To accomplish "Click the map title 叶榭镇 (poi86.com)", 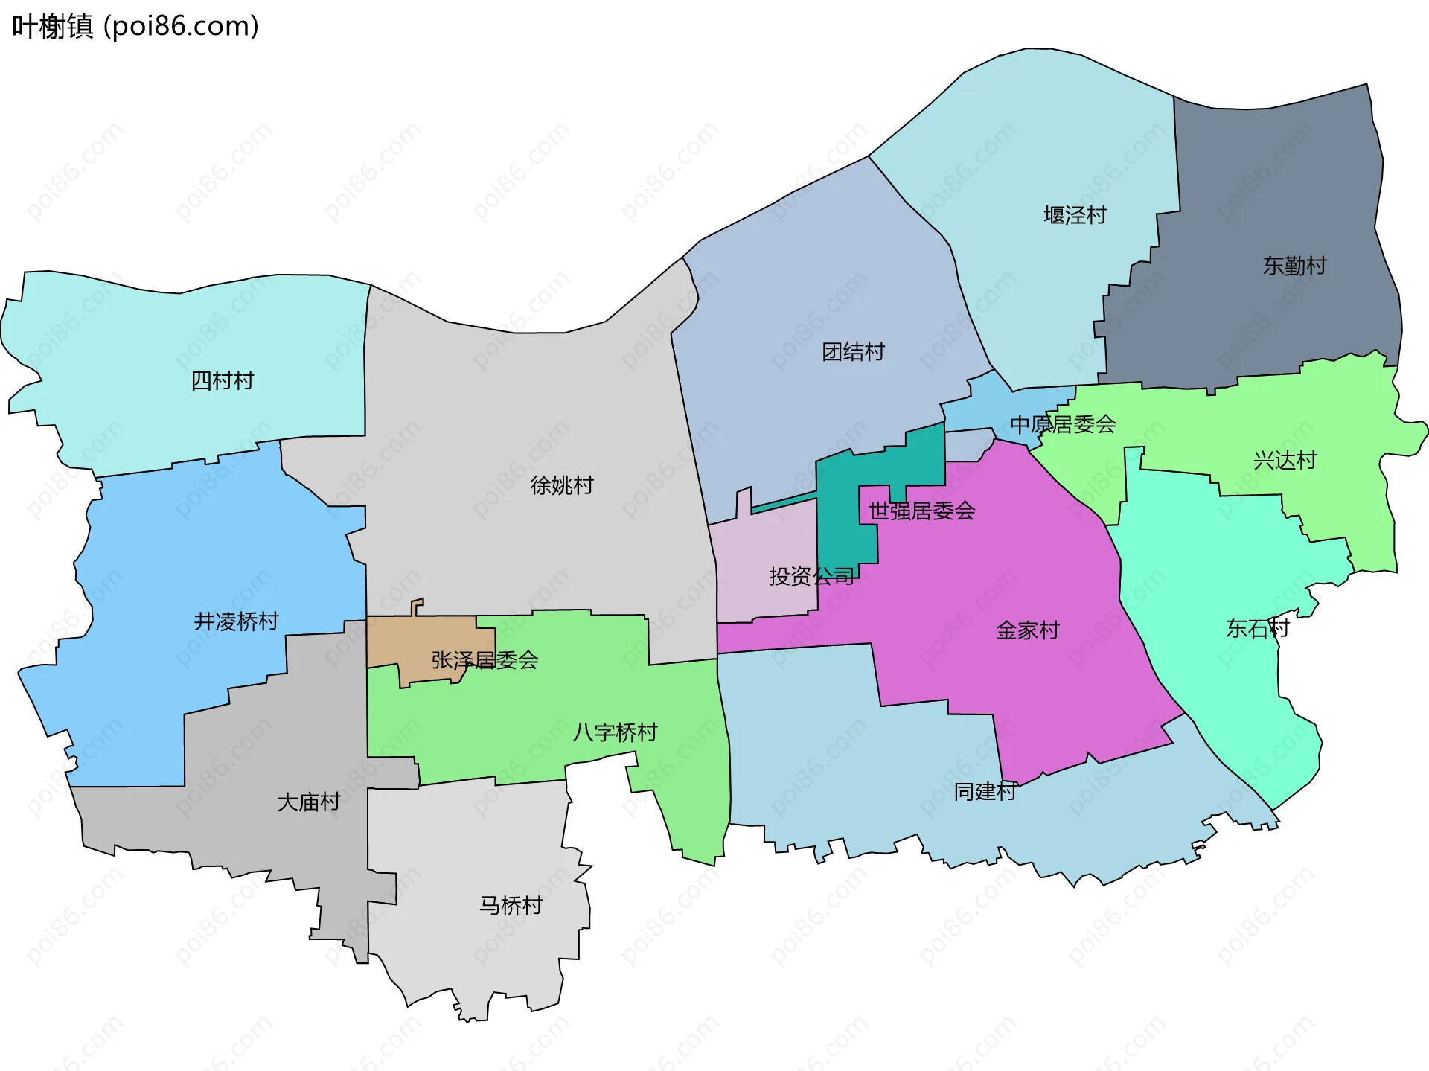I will (x=135, y=27).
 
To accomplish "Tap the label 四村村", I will (x=223, y=381).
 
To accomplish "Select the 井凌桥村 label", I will (x=236, y=621).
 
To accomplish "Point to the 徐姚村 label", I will (x=562, y=486).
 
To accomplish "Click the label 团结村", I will (x=853, y=352).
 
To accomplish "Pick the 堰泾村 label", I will (x=1075, y=216).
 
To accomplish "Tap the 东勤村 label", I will (x=1294, y=266).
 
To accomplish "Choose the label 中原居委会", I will (x=1062, y=425).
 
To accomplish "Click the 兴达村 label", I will (x=1285, y=461).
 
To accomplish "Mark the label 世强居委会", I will (x=921, y=511).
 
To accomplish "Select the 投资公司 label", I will (x=811, y=576).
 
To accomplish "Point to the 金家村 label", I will (x=1027, y=631).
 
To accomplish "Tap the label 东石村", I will (x=1257, y=629).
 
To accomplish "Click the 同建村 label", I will (x=985, y=792).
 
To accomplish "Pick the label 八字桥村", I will (x=615, y=733).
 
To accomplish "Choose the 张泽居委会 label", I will (x=485, y=660).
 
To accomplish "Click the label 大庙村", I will (x=308, y=802).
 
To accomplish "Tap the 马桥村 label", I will (x=511, y=906).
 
